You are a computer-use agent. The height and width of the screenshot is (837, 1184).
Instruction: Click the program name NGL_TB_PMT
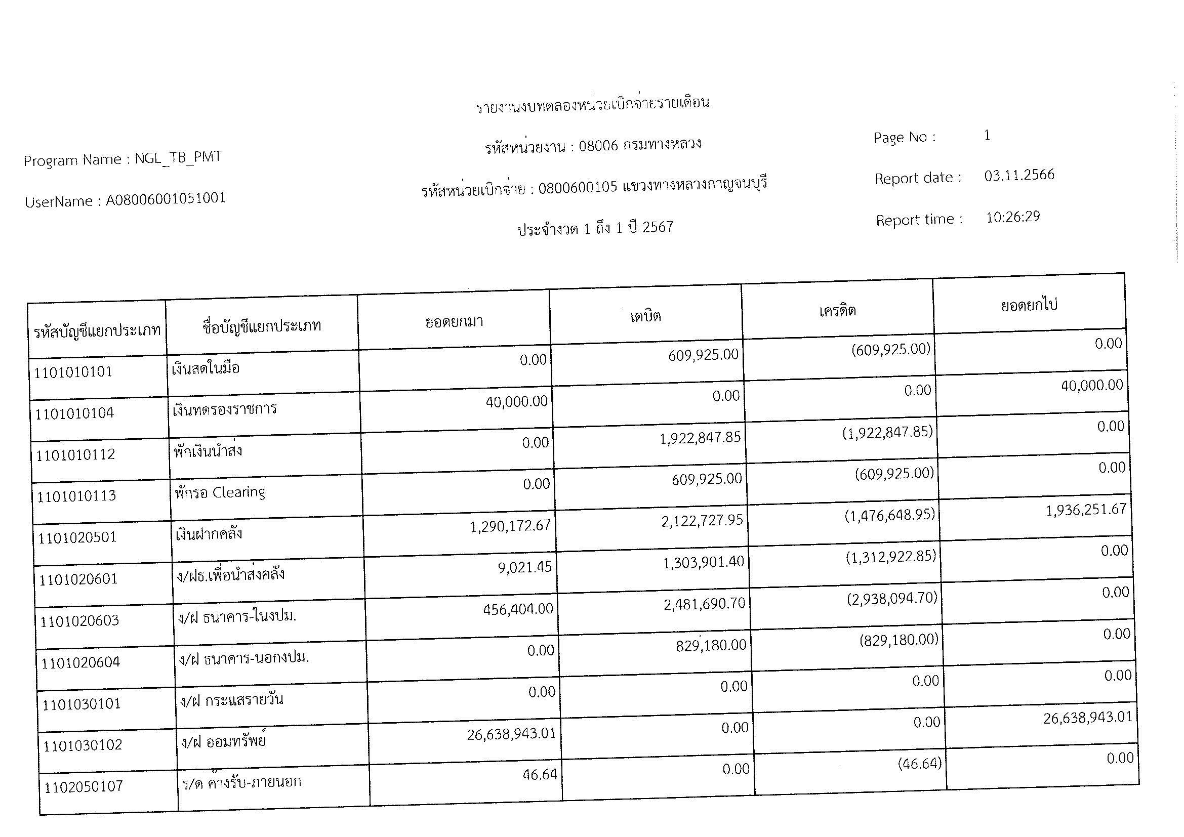(x=178, y=158)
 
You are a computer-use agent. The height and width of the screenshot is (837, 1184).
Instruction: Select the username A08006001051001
(x=166, y=199)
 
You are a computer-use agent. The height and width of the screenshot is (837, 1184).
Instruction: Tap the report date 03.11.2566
(x=1019, y=175)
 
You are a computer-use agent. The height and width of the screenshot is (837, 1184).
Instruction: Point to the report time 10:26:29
(x=1013, y=217)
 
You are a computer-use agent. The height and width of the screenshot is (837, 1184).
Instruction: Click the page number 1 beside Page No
(x=987, y=135)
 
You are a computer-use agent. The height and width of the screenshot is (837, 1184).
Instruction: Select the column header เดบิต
(x=645, y=316)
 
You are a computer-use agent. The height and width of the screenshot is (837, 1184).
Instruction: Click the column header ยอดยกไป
(x=1029, y=305)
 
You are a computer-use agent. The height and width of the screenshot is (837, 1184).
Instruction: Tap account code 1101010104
(x=74, y=413)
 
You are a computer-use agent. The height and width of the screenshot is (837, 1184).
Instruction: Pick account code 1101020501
(x=77, y=537)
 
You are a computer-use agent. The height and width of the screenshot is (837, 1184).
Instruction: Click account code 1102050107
(x=84, y=786)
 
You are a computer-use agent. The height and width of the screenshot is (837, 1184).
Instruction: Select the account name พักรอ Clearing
(x=220, y=493)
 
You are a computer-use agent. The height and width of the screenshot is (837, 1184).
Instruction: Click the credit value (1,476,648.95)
(x=889, y=515)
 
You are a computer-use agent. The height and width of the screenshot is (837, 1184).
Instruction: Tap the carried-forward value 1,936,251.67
(x=1085, y=510)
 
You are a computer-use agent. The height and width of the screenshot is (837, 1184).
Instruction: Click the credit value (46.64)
(x=919, y=764)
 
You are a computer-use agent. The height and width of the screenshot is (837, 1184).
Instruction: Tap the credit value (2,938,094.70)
(x=891, y=598)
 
